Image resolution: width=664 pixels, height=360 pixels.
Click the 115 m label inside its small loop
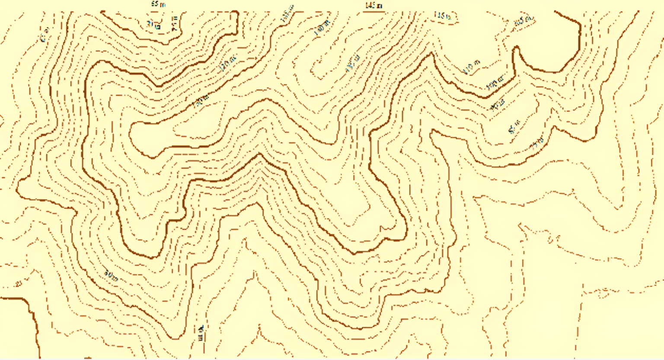click(442, 16)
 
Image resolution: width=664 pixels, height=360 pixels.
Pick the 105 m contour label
click(524, 22)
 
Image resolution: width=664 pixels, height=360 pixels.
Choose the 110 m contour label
click(472, 67)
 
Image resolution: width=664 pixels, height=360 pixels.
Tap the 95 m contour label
click(498, 104)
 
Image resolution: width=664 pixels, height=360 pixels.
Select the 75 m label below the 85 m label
click(537, 143)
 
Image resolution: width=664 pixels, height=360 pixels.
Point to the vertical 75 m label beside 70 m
click(175, 22)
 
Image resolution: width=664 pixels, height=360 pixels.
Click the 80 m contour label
click(111, 275)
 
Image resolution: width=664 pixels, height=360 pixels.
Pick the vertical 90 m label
click(201, 333)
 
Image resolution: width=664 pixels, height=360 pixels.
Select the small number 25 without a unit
click(18, 284)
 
